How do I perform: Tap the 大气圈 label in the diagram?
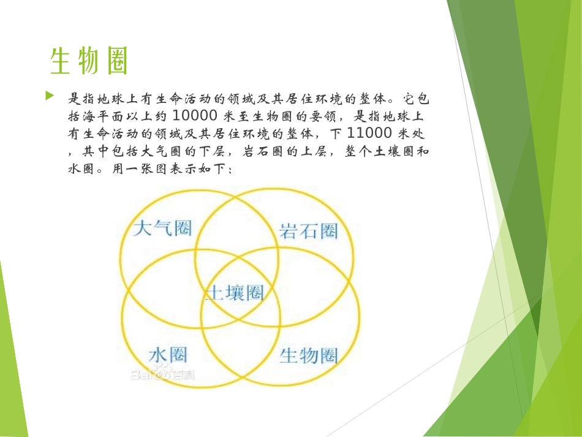pos(162,229)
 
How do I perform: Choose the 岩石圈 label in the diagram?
pos(309,231)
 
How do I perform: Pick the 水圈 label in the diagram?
pos(167,354)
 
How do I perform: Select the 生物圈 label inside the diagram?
pos(309,354)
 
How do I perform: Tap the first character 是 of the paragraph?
pos(74,98)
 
